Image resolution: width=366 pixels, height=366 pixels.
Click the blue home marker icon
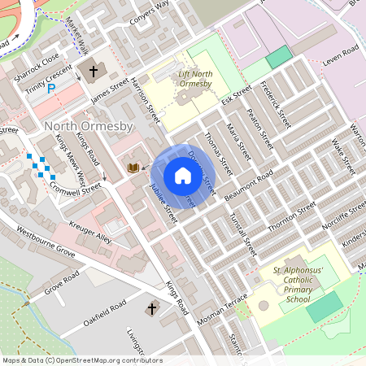pyautogui.click(x=183, y=176)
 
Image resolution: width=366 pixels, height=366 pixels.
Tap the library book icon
pyautogui.click(x=133, y=168)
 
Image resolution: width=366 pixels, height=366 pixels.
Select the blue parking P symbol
pyautogui.click(x=51, y=89)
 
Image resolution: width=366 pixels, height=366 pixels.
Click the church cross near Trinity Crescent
pyautogui.click(x=93, y=72)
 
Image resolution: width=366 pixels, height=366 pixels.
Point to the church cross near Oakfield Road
pyautogui.click(x=151, y=309)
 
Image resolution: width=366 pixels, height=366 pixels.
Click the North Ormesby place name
pyautogui.click(x=83, y=126)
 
